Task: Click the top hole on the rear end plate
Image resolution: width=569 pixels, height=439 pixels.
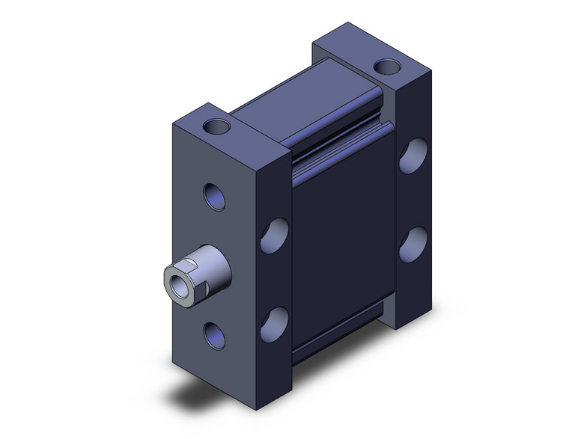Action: click(387, 67)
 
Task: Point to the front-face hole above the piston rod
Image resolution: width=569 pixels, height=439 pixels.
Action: click(214, 199)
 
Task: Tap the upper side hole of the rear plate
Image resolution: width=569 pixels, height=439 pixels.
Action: click(412, 157)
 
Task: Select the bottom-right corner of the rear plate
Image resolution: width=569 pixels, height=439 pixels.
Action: click(431, 313)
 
